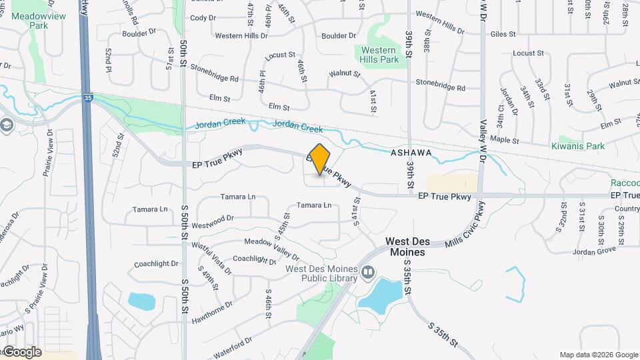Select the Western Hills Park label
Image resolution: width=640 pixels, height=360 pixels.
tap(380, 55)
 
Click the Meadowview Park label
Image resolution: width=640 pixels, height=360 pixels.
tap(29, 21)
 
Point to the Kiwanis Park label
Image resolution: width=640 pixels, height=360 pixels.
tap(577, 146)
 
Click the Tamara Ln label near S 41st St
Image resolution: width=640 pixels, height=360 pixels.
tap(313, 205)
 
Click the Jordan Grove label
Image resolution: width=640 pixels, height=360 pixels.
tap(595, 251)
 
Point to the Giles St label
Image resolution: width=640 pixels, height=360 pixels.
tap(503, 33)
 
